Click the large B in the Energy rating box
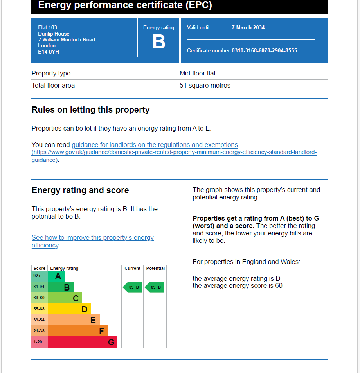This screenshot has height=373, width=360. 158,42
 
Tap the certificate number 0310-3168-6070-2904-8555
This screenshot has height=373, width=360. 264,51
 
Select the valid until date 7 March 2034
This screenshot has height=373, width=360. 248,28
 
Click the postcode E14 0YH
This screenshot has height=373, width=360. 49,52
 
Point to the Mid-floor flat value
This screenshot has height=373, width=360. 198,74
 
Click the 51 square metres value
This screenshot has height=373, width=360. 205,86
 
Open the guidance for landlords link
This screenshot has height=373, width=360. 155,145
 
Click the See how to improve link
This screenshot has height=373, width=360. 92,238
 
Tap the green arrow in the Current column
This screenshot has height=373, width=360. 133,287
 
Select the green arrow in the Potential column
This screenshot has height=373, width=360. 155,287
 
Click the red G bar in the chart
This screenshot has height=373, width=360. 82,342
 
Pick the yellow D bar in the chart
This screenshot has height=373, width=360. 69,309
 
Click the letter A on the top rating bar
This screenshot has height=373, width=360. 58,276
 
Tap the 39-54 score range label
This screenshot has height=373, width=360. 39,320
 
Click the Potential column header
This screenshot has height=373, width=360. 155,268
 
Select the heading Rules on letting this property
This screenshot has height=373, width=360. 91,110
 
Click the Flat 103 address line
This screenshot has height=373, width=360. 47,28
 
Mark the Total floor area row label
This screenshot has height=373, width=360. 53,86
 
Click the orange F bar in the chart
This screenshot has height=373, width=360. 78,331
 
